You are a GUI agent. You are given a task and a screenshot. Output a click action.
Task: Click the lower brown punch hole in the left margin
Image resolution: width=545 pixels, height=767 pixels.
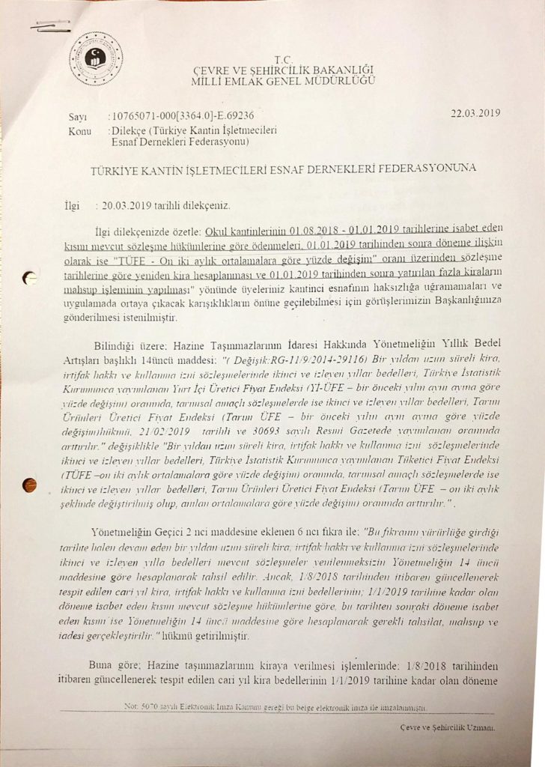(31, 485)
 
